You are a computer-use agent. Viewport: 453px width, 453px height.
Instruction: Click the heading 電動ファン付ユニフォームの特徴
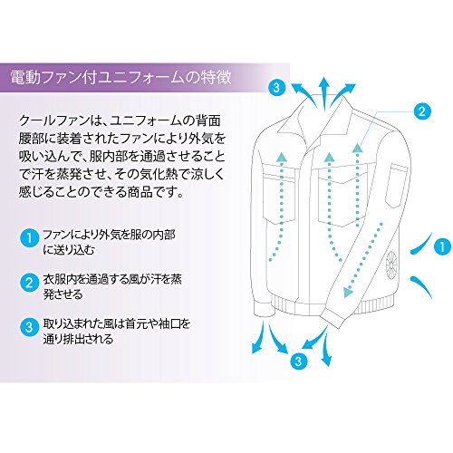pyautogui.click(x=121, y=77)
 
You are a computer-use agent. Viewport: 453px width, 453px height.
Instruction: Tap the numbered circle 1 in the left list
pyautogui.click(x=29, y=238)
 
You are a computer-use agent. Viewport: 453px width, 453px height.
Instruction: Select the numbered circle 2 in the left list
pyautogui.click(x=29, y=283)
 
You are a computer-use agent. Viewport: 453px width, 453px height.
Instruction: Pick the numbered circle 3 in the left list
pyautogui.click(x=29, y=327)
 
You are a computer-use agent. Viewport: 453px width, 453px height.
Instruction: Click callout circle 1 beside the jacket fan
pyautogui.click(x=442, y=246)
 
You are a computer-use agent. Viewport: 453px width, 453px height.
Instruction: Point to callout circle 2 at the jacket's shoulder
pyautogui.click(x=422, y=111)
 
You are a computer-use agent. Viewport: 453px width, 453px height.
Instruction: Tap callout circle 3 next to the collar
pyautogui.click(x=276, y=88)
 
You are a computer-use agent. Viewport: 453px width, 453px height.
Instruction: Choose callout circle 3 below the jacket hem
pyautogui.click(x=298, y=361)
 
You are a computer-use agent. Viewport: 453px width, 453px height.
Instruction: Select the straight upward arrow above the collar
pyautogui.click(x=323, y=93)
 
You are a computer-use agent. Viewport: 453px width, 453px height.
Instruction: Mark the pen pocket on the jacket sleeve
pyautogui.click(x=396, y=185)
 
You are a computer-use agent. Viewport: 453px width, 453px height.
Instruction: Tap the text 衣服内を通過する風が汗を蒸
pyautogui.click(x=112, y=279)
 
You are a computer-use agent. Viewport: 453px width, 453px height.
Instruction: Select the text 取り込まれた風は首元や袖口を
pyautogui.click(x=117, y=323)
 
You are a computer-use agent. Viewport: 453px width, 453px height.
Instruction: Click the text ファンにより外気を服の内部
pyautogui.click(x=109, y=235)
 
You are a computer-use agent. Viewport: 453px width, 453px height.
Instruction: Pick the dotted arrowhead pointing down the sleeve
pyautogui.click(x=347, y=292)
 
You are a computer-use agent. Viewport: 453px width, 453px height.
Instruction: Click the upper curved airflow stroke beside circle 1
pyautogui.click(x=421, y=244)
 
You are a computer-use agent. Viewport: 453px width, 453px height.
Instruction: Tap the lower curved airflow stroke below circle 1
pyautogui.click(x=421, y=286)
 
